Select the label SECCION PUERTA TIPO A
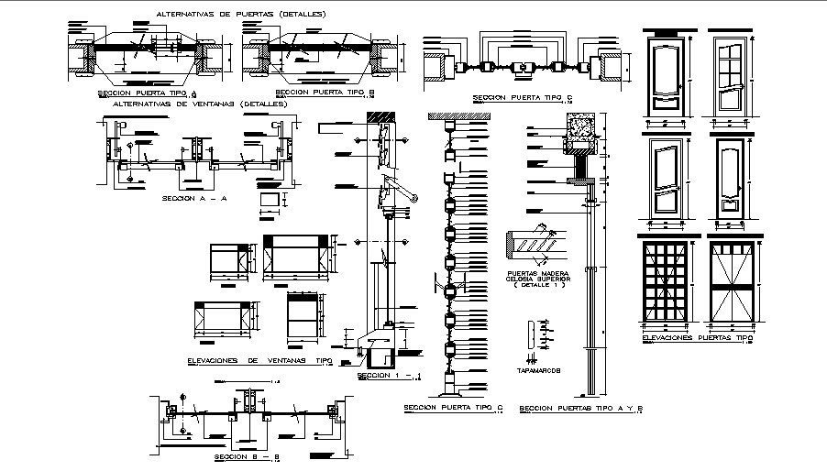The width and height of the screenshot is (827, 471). coord(147,93)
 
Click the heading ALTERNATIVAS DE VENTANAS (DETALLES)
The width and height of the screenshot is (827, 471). coord(200,104)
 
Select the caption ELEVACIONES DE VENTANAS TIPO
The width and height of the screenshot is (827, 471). coord(259,360)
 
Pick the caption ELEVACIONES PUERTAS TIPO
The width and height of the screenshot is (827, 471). coord(697,337)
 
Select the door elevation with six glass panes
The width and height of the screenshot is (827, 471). coord(731,71)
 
